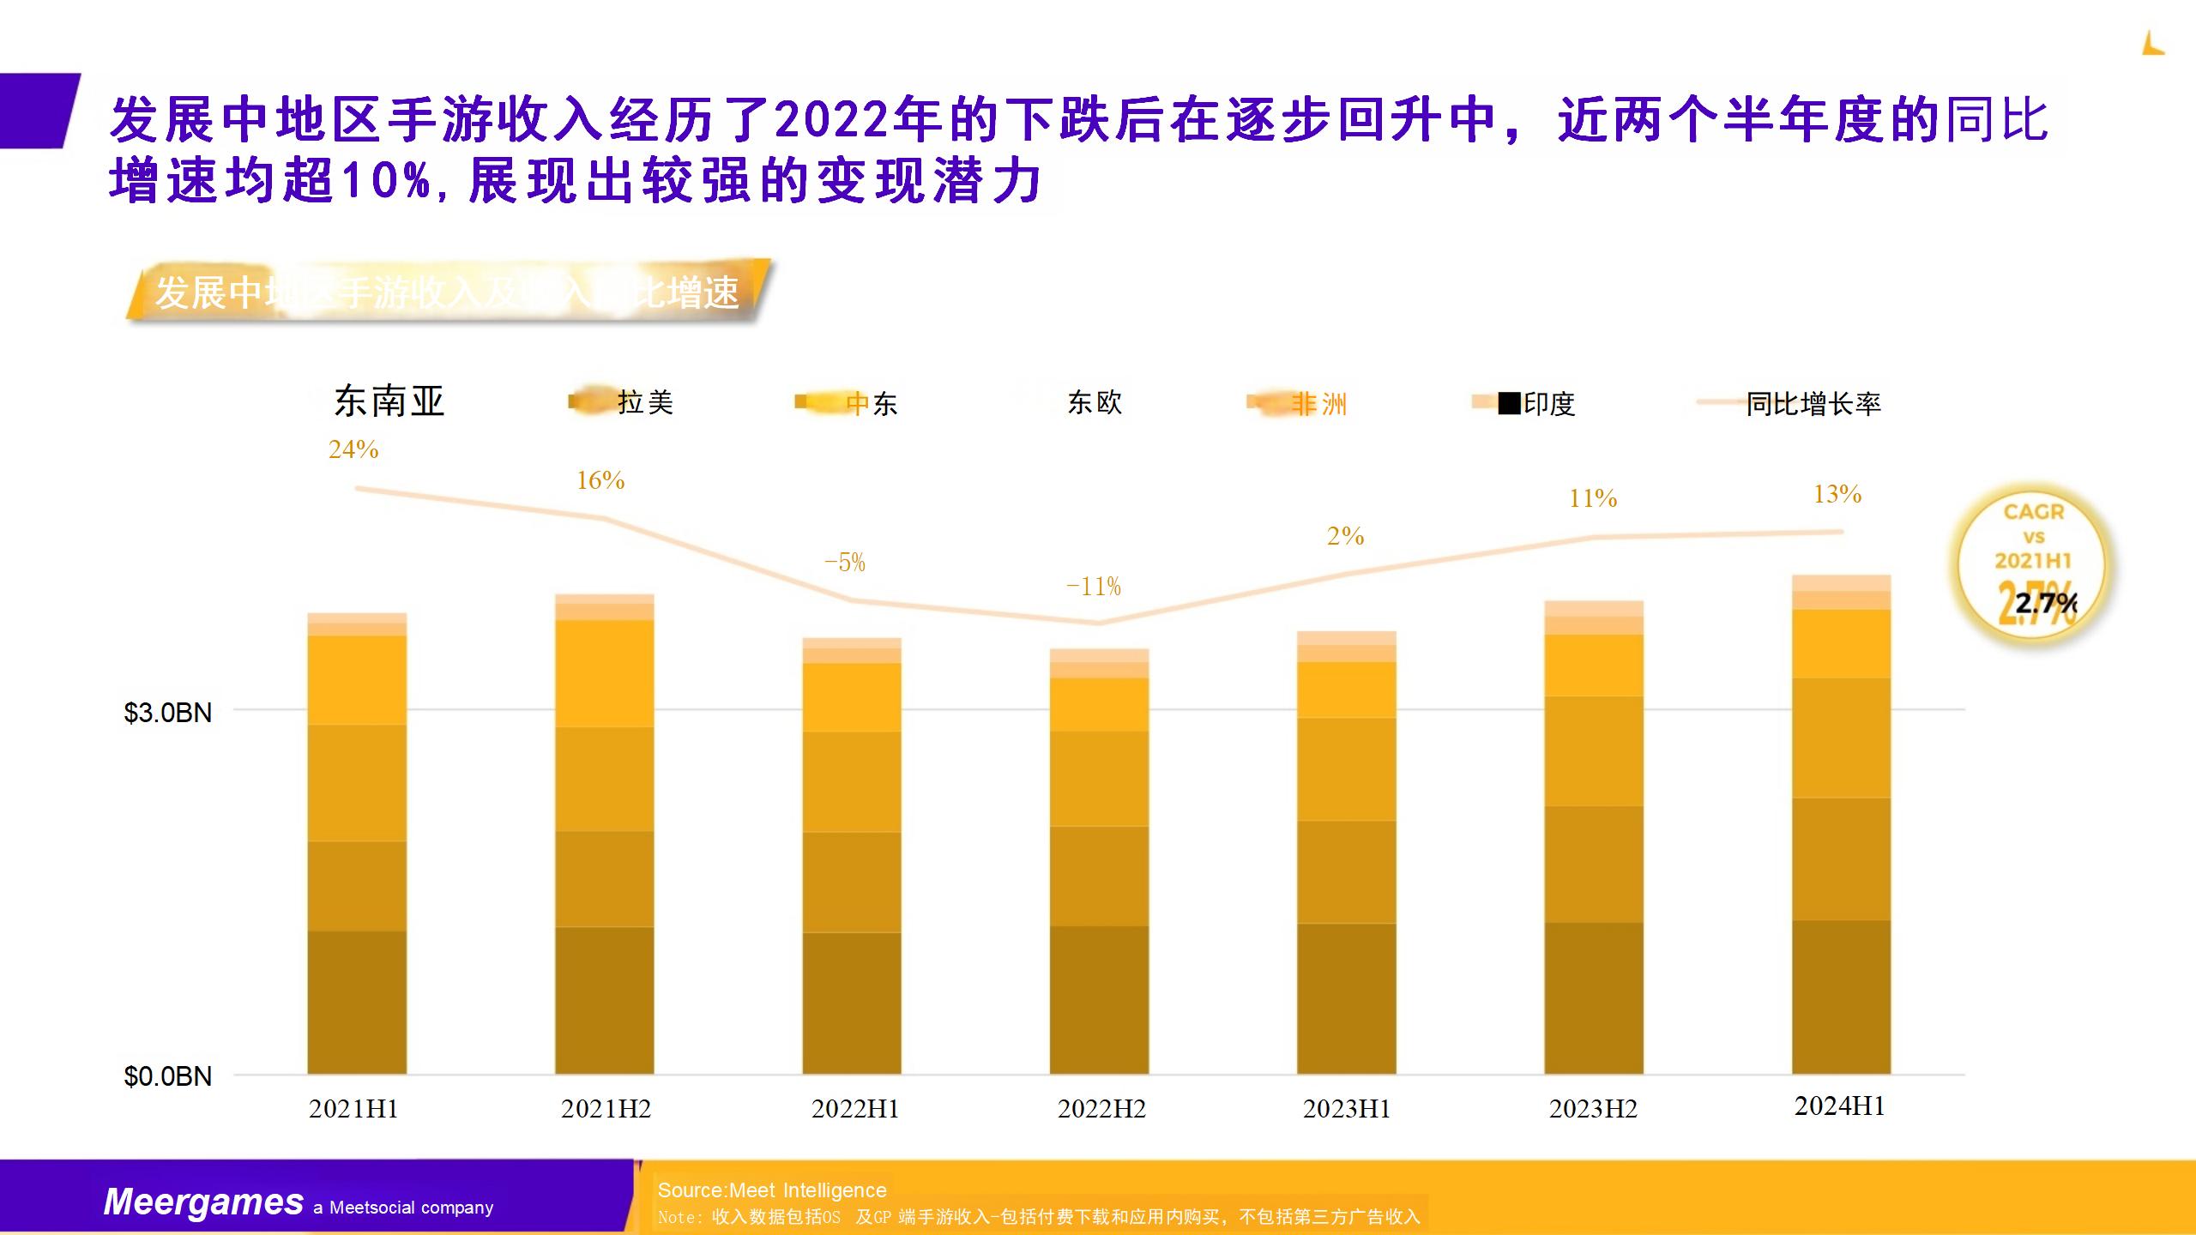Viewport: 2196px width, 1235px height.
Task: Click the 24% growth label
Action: [x=353, y=449]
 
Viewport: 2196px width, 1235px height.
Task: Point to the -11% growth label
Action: [x=1094, y=587]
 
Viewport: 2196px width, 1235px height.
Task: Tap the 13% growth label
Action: [x=1837, y=494]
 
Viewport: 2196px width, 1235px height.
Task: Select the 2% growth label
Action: [x=1345, y=536]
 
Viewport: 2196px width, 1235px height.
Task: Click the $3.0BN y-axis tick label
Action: [x=168, y=713]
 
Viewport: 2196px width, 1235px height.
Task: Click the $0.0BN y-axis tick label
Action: [x=168, y=1076]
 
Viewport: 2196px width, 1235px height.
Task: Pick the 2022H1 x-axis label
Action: [x=855, y=1109]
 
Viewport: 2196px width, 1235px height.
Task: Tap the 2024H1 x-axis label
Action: [x=1839, y=1106]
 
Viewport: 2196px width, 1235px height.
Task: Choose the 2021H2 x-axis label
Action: [x=606, y=1109]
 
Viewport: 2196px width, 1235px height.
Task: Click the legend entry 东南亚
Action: [x=389, y=401]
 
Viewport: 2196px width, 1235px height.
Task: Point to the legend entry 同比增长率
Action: [x=1813, y=403]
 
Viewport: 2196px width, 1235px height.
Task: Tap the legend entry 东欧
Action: [x=1095, y=402]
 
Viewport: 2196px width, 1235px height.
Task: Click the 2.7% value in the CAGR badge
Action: [x=2045, y=603]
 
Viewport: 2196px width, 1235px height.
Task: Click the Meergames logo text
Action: [x=203, y=1202]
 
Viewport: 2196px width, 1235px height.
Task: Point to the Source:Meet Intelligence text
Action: [x=772, y=1190]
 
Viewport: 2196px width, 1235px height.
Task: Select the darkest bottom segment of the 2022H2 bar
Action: [x=1099, y=999]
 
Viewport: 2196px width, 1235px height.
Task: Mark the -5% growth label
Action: [x=845, y=563]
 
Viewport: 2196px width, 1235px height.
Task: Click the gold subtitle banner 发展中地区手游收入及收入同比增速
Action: [x=446, y=292]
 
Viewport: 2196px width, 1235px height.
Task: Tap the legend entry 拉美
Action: [x=645, y=402]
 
